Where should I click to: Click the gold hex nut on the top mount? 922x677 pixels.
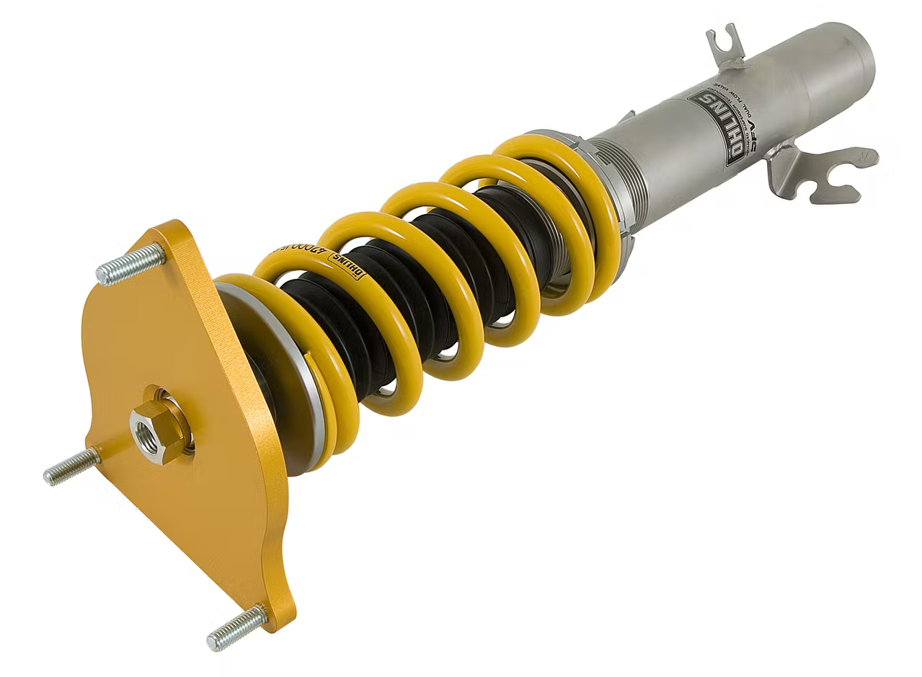click(158, 431)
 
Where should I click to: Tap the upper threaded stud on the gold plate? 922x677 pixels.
click(130, 265)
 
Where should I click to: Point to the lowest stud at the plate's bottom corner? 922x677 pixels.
click(236, 628)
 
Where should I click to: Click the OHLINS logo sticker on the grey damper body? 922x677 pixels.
click(716, 126)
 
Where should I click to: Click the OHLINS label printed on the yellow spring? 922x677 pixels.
click(348, 265)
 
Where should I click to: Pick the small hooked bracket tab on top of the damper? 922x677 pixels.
click(725, 46)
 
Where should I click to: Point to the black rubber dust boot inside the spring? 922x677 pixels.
click(404, 288)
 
